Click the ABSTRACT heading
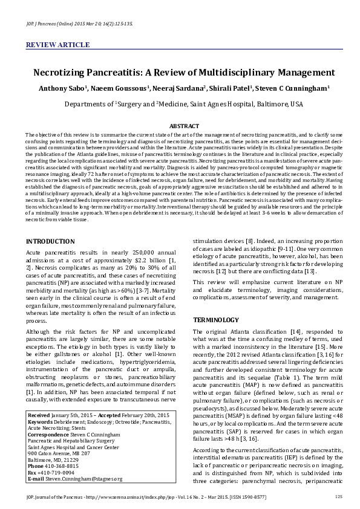pyautogui.click(x=180, y=126)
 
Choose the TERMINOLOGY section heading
pyautogui.click(x=215, y=319)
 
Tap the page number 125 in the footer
pyautogui.click(x=338, y=496)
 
